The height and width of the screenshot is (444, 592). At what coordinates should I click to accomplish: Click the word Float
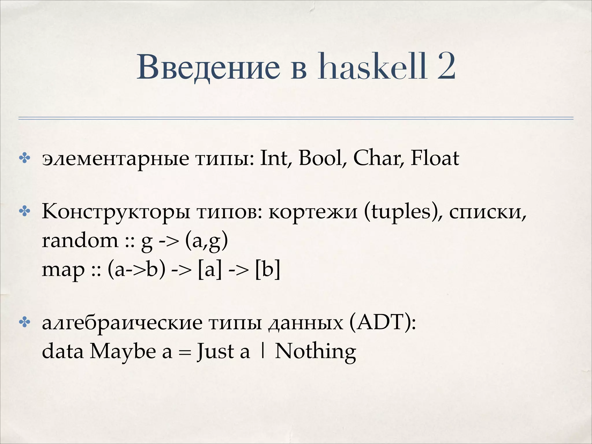(435, 158)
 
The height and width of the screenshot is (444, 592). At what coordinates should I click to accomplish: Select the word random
(80, 241)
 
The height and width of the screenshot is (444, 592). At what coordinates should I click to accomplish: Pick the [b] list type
(268, 270)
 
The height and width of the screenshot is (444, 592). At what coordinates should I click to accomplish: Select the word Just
(215, 352)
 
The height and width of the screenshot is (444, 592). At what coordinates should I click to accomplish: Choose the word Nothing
(315, 352)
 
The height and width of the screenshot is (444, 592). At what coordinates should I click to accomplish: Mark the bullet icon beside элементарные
(24, 158)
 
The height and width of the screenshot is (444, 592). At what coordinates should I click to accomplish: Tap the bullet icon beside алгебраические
(24, 323)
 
